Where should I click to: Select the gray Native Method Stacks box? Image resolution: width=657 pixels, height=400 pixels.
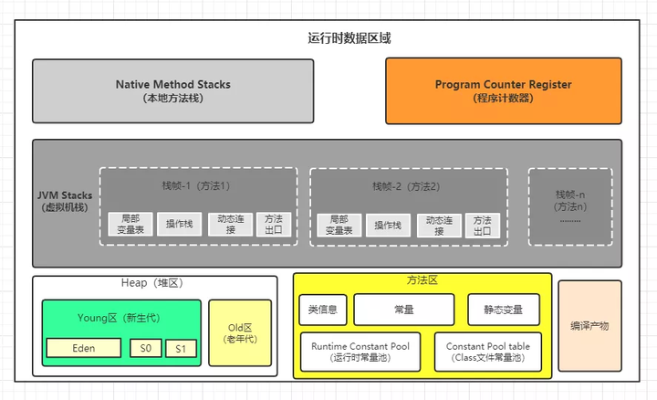[172, 90]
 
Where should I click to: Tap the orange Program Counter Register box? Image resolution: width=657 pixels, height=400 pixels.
[503, 90]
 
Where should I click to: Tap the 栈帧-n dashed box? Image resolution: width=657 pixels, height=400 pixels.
[570, 206]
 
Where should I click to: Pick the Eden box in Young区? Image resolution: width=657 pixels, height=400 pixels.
[84, 348]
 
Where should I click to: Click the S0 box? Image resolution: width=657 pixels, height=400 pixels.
[145, 348]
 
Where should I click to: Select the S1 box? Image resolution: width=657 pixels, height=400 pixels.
[181, 349]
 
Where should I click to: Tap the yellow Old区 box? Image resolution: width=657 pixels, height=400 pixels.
[240, 332]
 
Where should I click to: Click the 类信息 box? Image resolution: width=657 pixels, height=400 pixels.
[322, 310]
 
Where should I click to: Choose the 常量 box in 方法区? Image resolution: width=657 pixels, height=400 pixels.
[403, 310]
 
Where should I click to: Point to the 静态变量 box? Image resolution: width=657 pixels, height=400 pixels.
[503, 310]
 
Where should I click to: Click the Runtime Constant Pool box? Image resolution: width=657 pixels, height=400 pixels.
[360, 353]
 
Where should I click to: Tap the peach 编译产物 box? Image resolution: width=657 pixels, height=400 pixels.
[589, 325]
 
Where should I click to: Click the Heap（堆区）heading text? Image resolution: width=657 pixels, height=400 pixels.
[154, 284]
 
